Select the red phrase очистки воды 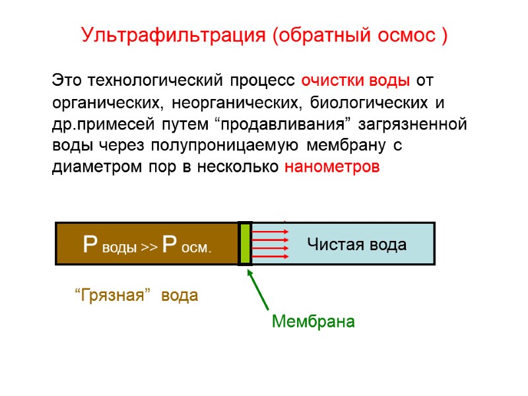355,81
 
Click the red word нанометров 332,168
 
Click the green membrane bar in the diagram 245,244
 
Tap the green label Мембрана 313,322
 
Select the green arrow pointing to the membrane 258,290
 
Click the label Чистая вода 356,245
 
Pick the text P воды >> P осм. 147,246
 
